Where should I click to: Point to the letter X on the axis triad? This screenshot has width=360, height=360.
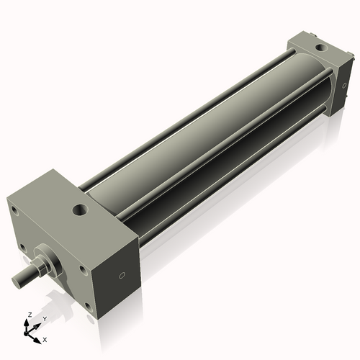tap(45, 338)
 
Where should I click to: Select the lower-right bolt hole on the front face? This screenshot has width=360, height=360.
tap(86, 305)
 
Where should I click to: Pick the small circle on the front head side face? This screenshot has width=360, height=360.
tap(122, 274)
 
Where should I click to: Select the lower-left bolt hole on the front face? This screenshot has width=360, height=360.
tap(22, 247)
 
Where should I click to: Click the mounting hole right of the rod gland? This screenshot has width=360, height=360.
tap(82, 272)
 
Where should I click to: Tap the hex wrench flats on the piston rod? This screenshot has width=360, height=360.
tap(40, 266)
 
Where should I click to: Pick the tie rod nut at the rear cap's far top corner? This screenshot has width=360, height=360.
tap(315, 33)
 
